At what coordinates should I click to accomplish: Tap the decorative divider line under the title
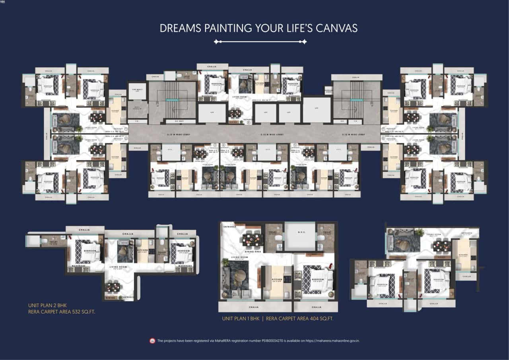click(260, 41)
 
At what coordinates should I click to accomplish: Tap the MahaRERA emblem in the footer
click(152, 341)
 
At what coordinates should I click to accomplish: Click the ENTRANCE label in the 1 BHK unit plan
click(230, 227)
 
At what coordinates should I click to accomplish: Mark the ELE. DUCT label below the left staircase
click(180, 121)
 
